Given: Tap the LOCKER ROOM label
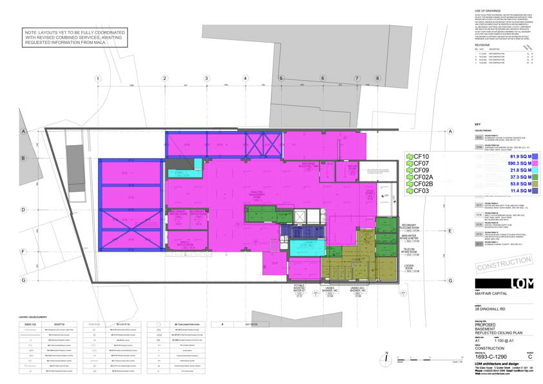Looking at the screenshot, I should pyautogui.click(x=409, y=265).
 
